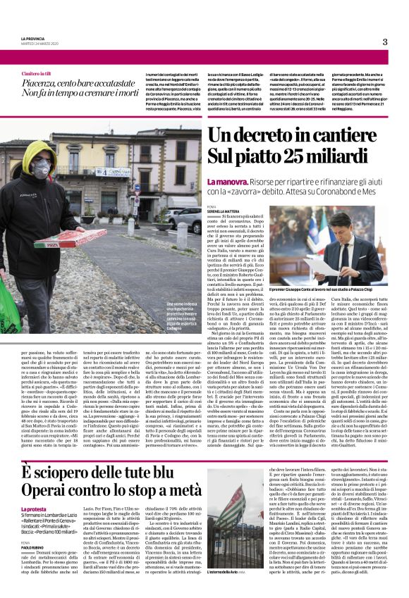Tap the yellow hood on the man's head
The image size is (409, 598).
coord(42,152)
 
